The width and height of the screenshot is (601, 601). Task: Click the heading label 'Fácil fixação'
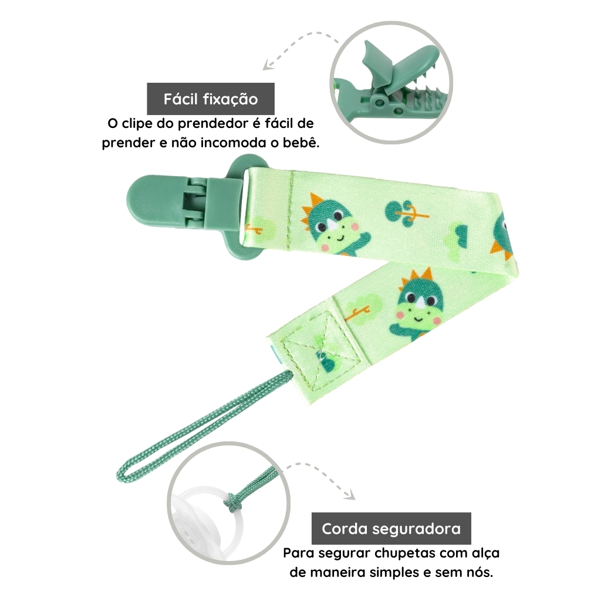211,99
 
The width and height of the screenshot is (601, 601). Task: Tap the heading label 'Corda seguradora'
391,529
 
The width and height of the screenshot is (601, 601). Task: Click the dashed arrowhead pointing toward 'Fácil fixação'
267,66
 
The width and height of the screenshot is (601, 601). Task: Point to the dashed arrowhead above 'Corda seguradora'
350,495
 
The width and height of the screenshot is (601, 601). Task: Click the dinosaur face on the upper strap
330,225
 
